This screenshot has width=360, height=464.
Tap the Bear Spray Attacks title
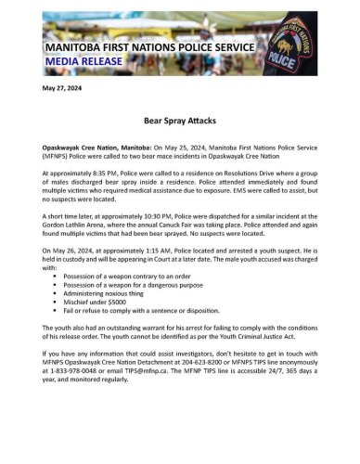[x=179, y=121]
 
